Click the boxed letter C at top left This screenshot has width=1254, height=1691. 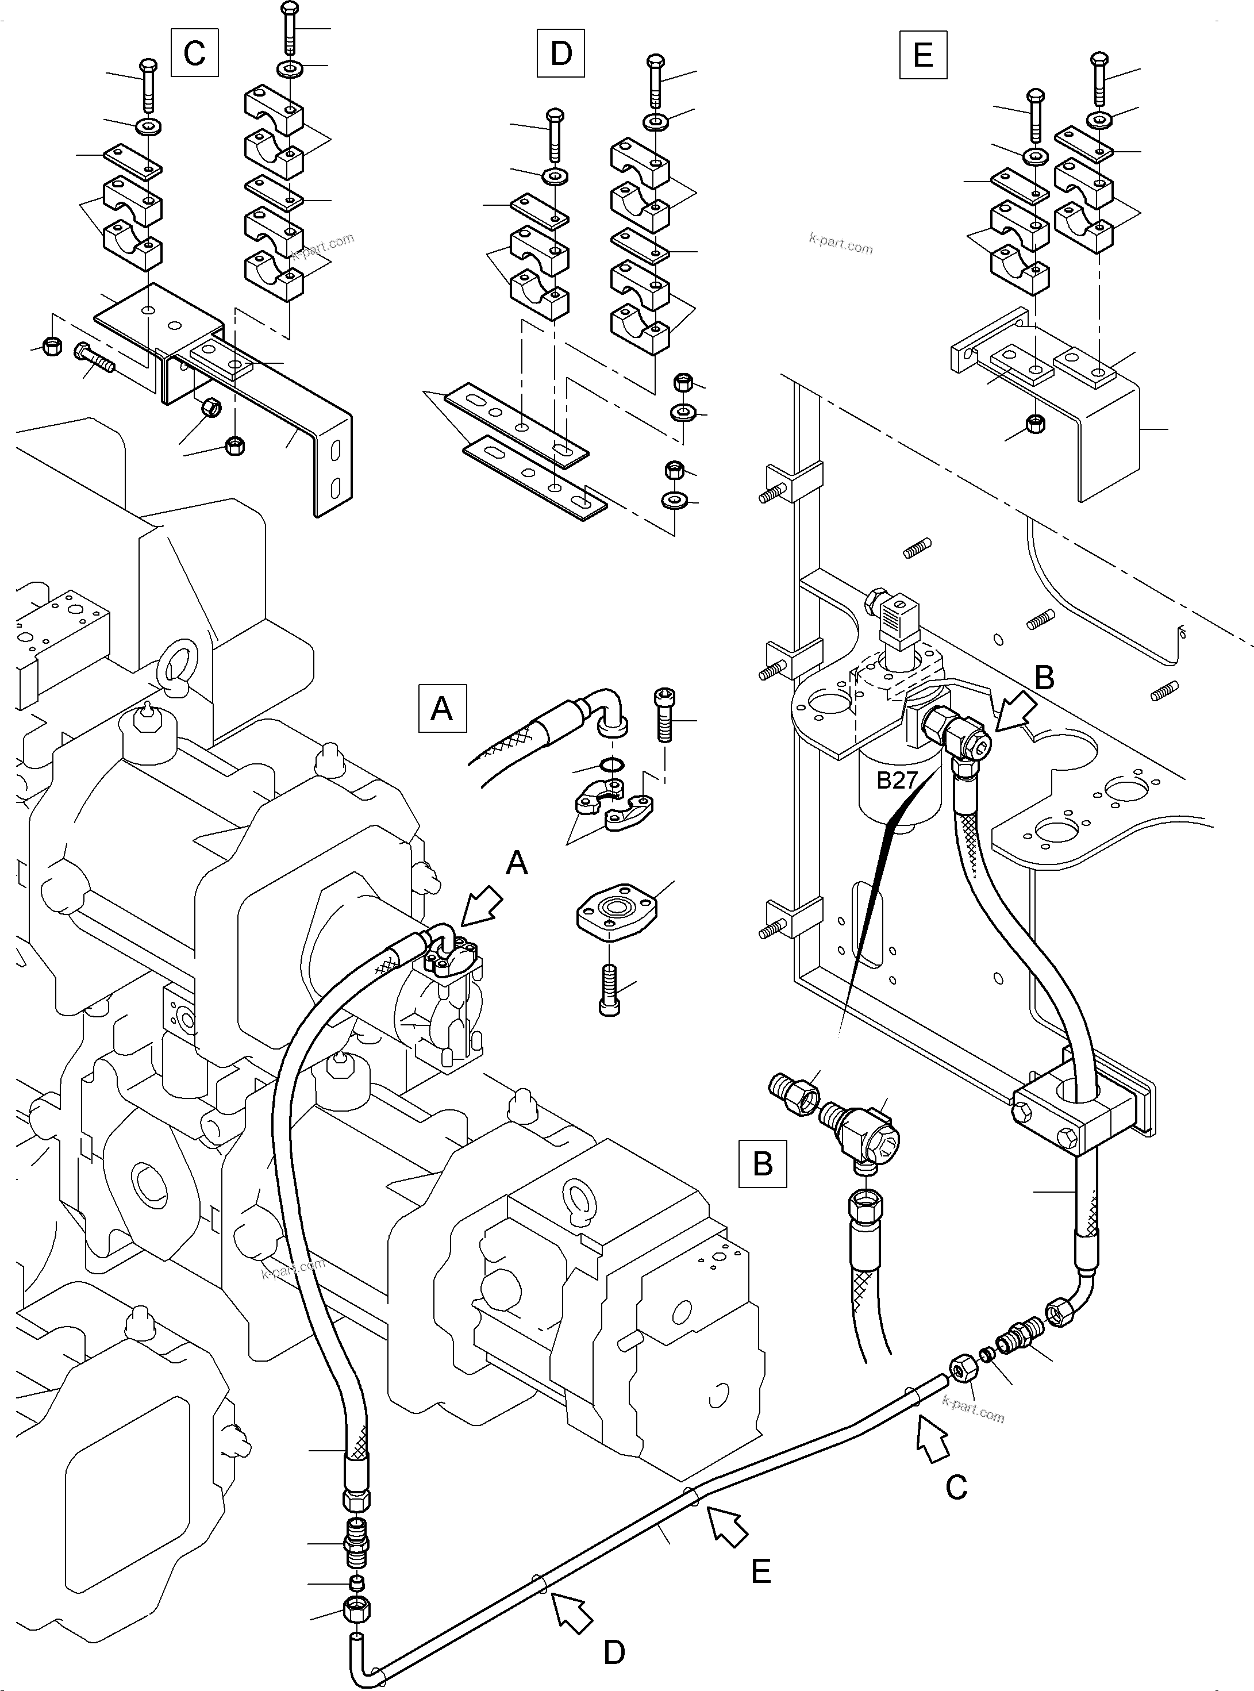pos(194,52)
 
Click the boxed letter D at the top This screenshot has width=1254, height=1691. pos(560,53)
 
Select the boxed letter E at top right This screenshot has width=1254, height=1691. pos(923,55)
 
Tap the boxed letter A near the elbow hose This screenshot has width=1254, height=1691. pos(442,708)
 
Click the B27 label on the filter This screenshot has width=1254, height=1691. pos(897,780)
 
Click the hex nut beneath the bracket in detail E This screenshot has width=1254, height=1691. pos(1034,424)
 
